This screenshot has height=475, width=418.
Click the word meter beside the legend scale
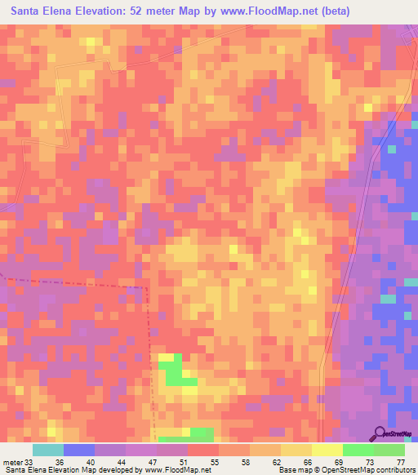click(12, 461)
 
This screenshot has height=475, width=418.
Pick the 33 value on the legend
click(30, 461)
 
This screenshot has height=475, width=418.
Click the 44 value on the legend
click(123, 461)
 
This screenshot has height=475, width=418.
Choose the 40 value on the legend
click(92, 461)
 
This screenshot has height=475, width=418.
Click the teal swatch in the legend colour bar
click(48, 450)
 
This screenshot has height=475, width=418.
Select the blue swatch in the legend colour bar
click(79, 450)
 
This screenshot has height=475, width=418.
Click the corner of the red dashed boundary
click(147, 287)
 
